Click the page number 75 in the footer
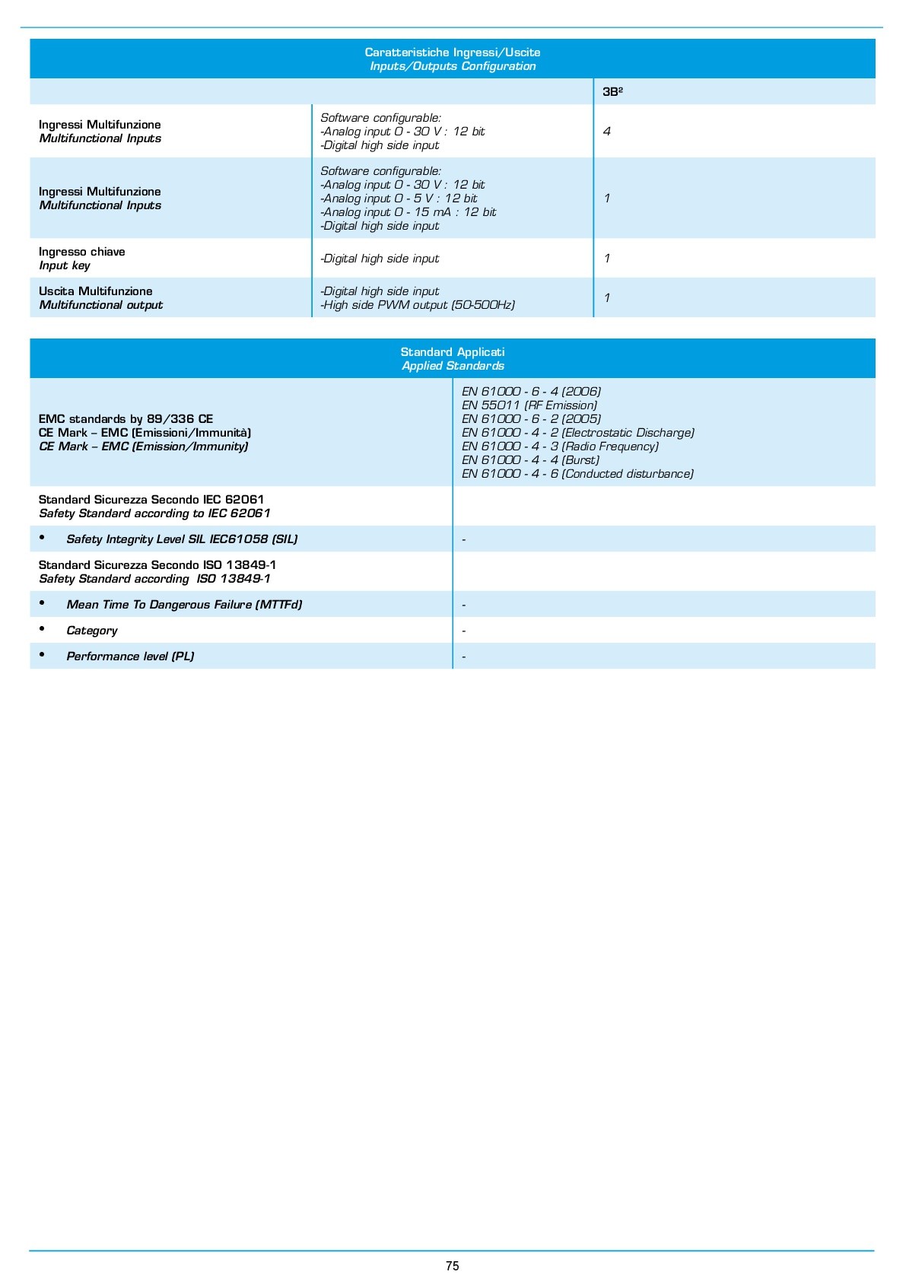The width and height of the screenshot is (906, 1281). click(453, 1266)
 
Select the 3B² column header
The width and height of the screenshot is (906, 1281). click(612, 91)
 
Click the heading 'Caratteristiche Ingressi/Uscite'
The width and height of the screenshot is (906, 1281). click(453, 52)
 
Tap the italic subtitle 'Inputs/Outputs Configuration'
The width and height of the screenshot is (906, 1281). click(453, 66)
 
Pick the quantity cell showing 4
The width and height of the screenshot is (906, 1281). click(606, 132)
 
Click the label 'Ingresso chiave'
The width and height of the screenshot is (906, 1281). click(82, 252)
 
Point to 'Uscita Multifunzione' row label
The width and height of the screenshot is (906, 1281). click(96, 291)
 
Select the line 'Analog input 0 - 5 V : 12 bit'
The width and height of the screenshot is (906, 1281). click(400, 199)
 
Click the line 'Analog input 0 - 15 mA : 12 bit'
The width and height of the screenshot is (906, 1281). click(409, 212)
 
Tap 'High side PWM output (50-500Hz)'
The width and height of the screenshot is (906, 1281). click(419, 305)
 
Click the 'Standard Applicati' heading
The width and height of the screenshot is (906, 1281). click(453, 352)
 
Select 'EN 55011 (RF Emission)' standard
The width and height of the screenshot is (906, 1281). click(529, 405)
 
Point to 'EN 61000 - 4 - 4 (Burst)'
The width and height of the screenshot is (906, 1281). click(530, 460)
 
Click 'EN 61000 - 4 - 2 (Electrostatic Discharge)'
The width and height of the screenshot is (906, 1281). click(578, 433)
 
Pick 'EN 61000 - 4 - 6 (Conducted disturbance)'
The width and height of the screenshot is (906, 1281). click(577, 474)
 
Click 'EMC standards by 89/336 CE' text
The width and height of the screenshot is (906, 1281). click(126, 419)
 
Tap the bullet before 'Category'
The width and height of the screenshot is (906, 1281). click(43, 629)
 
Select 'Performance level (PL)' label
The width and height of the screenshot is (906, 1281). click(130, 656)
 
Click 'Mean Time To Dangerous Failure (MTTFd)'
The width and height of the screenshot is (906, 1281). click(184, 605)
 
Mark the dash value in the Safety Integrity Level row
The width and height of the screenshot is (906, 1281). click(464, 540)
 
